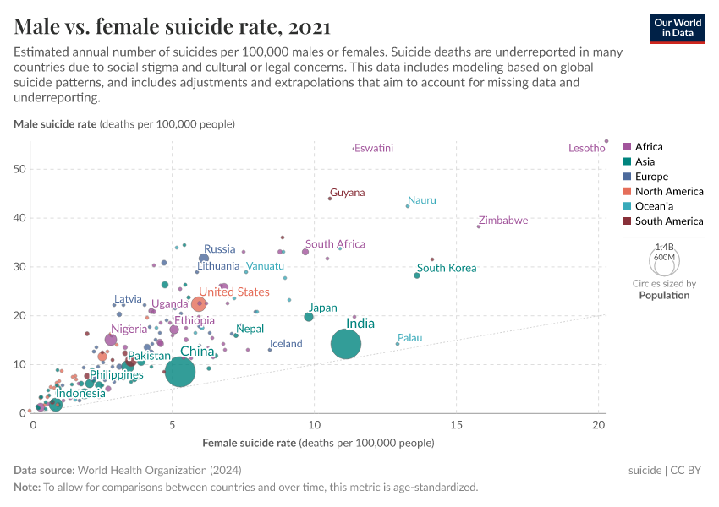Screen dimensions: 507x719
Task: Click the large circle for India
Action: (x=346, y=344)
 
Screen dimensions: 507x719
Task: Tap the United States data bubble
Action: (x=199, y=303)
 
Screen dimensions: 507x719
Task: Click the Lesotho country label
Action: (x=586, y=149)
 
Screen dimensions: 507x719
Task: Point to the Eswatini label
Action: (x=373, y=149)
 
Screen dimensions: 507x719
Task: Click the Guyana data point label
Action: (x=348, y=193)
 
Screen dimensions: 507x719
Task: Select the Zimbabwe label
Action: (x=503, y=221)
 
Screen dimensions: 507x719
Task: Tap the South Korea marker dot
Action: (x=417, y=275)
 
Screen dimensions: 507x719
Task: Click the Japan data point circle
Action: (x=309, y=317)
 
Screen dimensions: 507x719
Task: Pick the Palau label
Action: (x=409, y=338)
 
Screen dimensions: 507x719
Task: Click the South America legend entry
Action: (x=668, y=221)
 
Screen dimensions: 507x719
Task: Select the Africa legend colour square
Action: (x=627, y=147)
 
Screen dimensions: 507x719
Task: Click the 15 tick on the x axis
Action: (x=456, y=423)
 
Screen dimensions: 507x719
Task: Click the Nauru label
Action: (x=422, y=200)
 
